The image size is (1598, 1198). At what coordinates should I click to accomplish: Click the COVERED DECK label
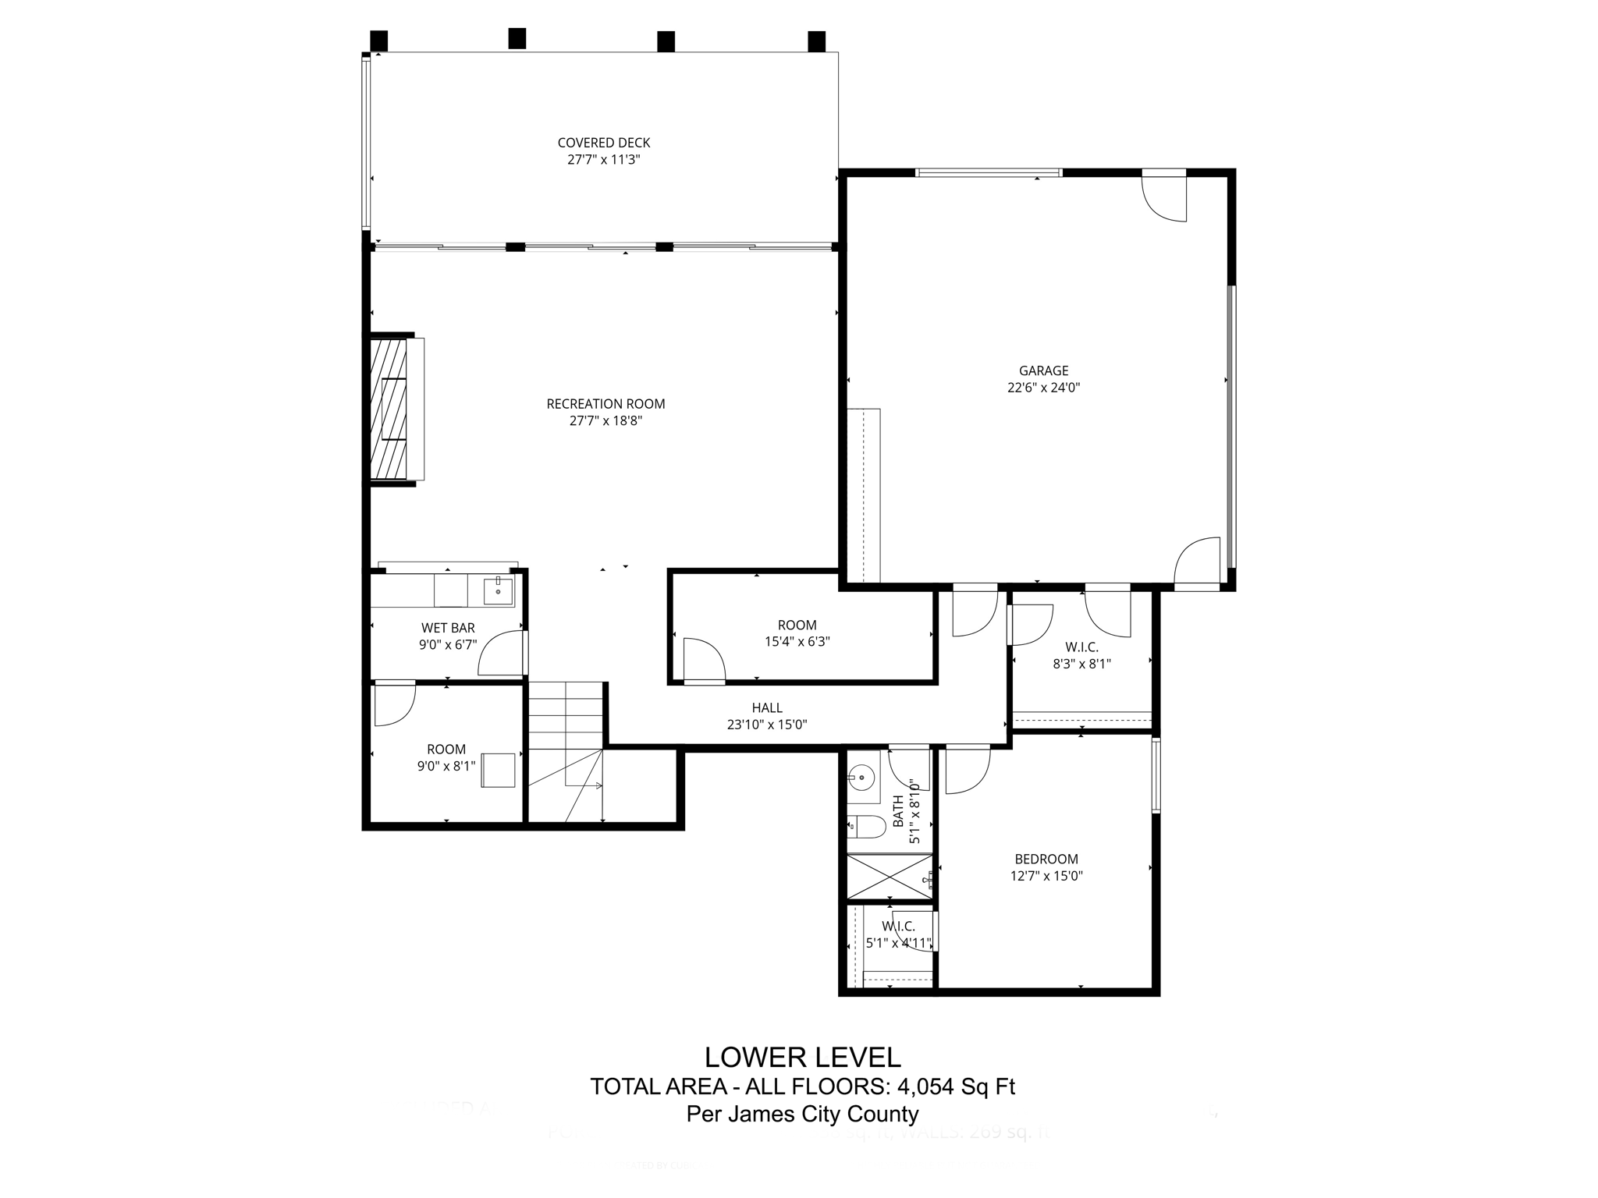click(x=603, y=143)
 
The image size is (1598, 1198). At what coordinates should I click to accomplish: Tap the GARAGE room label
click(x=1043, y=371)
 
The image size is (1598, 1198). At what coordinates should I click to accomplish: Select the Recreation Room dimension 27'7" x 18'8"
click(x=605, y=421)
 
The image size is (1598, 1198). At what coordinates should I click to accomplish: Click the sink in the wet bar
click(x=498, y=591)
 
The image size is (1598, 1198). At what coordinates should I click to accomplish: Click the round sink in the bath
click(x=862, y=776)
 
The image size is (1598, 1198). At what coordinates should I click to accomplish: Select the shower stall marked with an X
click(x=890, y=877)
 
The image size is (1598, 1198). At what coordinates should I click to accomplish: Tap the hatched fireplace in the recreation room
click(x=389, y=409)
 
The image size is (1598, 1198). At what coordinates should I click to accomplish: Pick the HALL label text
click(x=767, y=708)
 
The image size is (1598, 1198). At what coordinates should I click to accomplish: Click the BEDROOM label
click(x=1046, y=860)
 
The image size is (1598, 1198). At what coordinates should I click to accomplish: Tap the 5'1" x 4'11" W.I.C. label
click(x=899, y=935)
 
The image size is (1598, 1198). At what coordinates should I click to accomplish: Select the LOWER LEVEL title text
click(x=802, y=1058)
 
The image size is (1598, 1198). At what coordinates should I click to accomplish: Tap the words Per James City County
click(x=802, y=1115)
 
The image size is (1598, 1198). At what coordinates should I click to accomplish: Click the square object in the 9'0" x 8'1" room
click(x=498, y=770)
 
